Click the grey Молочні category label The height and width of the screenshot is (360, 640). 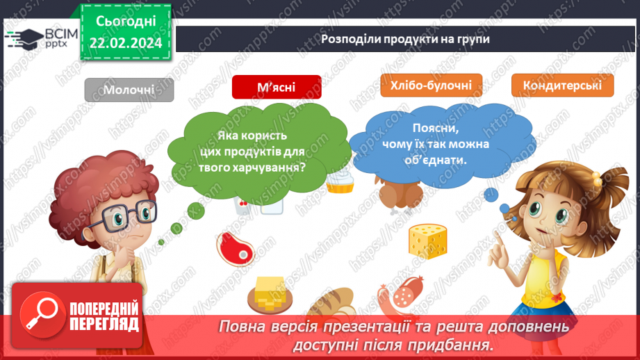pos(129,90)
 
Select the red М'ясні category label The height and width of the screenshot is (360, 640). pos(277,87)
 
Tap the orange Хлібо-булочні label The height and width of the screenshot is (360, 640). pos(427,85)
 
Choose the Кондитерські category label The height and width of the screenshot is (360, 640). pos(562,85)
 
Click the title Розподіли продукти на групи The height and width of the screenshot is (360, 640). pos(405,39)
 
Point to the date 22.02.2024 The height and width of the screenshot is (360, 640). pos(125,44)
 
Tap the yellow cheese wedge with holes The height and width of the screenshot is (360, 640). pos(427,238)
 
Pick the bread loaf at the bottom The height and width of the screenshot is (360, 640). pos(332,302)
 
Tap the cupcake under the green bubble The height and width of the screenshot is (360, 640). pos(341,181)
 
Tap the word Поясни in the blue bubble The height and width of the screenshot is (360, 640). pos(436,129)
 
